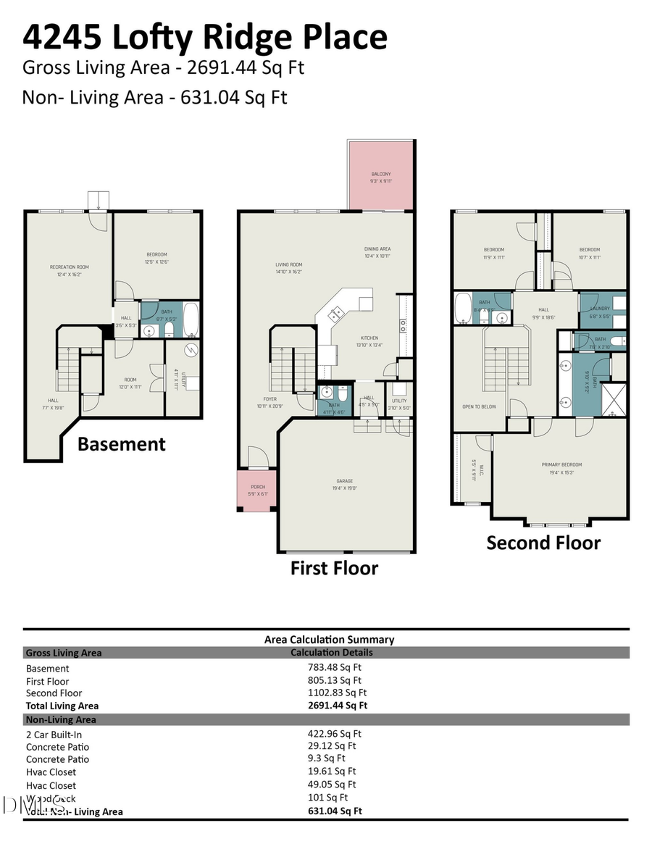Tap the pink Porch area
pos(258,490)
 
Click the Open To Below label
pos(479,406)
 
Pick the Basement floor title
pos(122,444)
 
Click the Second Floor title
pos(543,543)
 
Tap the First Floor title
pos(334,568)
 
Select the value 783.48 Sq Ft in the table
pos(334,668)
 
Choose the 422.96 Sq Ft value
pos(334,733)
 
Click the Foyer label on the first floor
pos(269,399)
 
